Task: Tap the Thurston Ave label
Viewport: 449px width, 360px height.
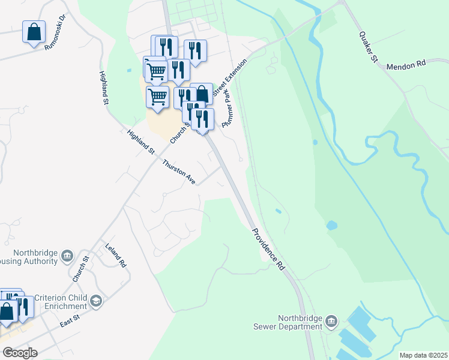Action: tap(178, 172)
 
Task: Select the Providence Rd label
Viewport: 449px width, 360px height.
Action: tap(268, 248)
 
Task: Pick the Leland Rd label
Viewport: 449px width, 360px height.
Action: tap(116, 256)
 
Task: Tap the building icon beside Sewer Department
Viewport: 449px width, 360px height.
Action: tap(331, 323)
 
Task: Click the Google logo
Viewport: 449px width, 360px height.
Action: tap(19, 352)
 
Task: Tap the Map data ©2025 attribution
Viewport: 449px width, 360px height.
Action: tap(423, 355)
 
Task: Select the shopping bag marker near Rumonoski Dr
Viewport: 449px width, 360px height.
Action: tap(34, 32)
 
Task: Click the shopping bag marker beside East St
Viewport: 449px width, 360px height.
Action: tap(8, 313)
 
